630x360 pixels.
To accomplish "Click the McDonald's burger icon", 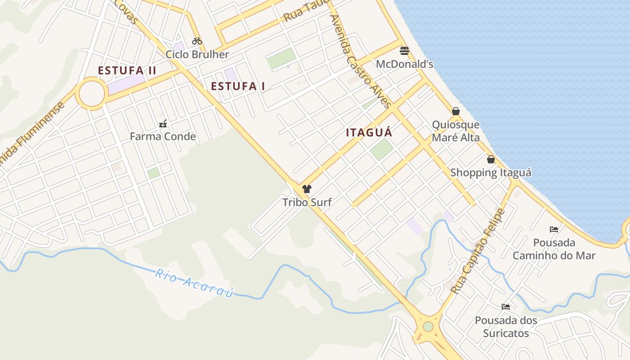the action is click(x=404, y=50).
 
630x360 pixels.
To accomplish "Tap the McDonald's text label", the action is click(x=405, y=64).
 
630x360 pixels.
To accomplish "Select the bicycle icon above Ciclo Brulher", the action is click(x=197, y=41).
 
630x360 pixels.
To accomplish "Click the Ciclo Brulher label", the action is click(x=197, y=54).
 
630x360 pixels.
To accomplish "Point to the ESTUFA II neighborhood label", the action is click(x=127, y=71).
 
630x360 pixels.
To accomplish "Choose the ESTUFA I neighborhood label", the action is click(x=238, y=86).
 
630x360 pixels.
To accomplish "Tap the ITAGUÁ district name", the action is click(x=369, y=132).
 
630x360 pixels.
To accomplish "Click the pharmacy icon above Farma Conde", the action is click(x=163, y=123).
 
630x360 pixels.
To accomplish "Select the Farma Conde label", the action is click(x=163, y=136).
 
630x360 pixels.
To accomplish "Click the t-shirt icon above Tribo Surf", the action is click(x=307, y=189).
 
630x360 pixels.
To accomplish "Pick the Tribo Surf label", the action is click(x=307, y=202).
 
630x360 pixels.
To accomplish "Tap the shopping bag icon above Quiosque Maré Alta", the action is click(x=456, y=111).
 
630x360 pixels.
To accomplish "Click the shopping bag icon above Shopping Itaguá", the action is click(x=491, y=159).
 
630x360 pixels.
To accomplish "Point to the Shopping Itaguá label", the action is click(x=490, y=172).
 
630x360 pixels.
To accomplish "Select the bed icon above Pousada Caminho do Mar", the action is click(x=554, y=229).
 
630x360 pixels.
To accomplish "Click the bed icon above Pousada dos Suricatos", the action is click(x=506, y=307).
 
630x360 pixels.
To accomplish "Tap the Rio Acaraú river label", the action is click(x=194, y=283).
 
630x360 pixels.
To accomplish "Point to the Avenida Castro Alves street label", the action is click(x=360, y=61).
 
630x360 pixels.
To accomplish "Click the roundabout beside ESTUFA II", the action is click(x=92, y=94).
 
